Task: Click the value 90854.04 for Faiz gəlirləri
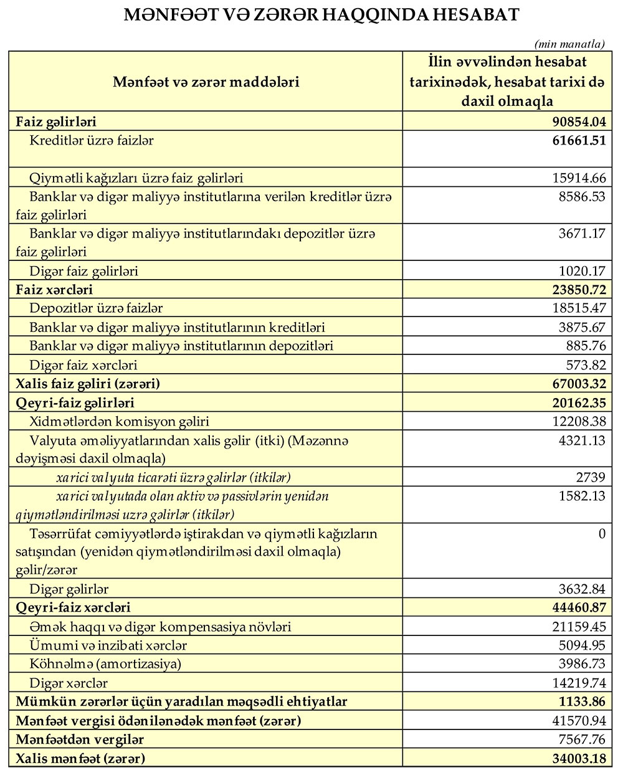click(579, 121)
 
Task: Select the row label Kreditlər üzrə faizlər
click(91, 141)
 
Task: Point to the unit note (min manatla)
click(569, 44)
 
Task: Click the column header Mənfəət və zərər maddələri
click(206, 82)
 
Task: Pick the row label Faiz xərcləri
click(54, 290)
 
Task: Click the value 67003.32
click(579, 384)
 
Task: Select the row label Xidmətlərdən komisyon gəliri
click(119, 422)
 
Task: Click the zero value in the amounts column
click(601, 534)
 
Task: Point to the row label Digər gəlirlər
click(69, 589)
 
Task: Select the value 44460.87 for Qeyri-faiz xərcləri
click(579, 607)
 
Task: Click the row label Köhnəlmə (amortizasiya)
click(105, 664)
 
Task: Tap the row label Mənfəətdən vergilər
click(80, 739)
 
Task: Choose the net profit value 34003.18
click(579, 759)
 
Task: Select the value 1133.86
click(582, 701)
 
